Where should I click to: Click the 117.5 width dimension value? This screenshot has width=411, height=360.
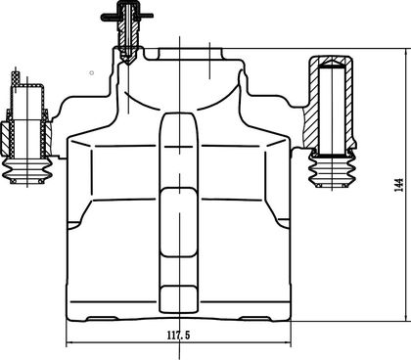pos(178,335)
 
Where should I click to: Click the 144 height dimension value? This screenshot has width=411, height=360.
pos(399,185)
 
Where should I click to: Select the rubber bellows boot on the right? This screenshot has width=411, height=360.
pos(332,169)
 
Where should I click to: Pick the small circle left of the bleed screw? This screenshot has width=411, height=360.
pos(92,72)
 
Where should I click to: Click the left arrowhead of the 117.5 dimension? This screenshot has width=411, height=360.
pos(69,342)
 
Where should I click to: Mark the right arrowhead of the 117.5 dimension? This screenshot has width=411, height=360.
pos(288,342)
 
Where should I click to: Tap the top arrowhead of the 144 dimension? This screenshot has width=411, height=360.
pos(407,52)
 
